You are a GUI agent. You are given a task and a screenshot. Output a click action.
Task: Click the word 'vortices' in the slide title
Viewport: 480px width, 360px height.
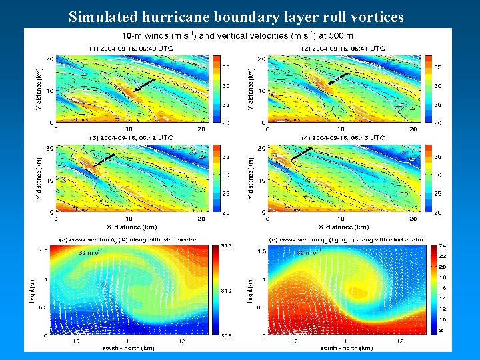376,17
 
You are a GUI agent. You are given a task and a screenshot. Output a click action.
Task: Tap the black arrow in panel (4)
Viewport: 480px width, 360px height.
303,154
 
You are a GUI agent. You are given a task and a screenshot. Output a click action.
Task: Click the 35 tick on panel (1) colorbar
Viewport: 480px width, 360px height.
225,67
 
